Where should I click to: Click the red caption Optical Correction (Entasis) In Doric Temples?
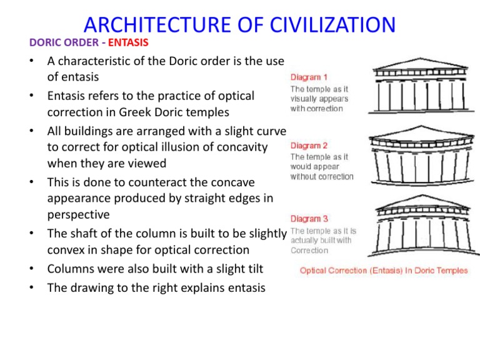pos(384,271)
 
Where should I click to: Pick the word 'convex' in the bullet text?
pos(67,249)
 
